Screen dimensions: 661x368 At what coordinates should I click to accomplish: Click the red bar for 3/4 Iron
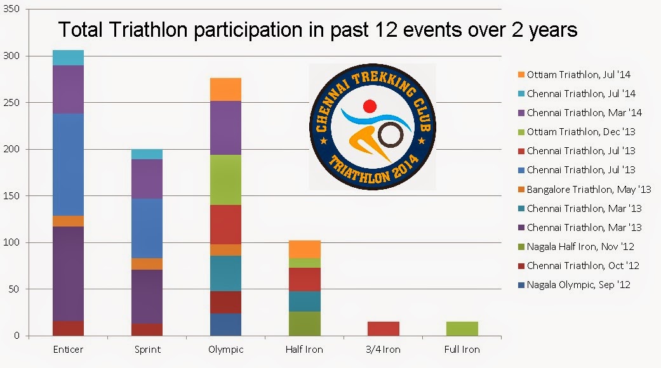383,329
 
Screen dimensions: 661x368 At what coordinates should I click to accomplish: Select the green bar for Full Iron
462,329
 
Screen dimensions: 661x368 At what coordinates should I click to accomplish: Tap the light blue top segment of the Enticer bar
69,58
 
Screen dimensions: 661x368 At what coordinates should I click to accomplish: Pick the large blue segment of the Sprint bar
147,228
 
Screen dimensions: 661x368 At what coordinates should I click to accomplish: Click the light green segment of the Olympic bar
225,180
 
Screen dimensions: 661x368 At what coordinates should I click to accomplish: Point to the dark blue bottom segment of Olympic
225,325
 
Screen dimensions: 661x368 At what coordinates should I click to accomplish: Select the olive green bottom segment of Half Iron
305,324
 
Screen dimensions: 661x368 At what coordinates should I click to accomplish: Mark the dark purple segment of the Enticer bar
69,273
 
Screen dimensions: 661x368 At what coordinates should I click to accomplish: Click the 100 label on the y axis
11,242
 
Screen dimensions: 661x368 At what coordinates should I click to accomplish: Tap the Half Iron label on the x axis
304,350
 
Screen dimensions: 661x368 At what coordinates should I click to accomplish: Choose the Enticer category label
69,350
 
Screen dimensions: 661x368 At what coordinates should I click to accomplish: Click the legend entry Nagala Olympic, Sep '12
578,285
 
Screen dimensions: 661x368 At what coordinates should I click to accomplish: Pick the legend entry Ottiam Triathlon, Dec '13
581,132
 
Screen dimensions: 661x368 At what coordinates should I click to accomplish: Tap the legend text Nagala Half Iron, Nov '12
580,247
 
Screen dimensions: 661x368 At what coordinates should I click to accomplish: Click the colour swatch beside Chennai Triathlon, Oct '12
521,266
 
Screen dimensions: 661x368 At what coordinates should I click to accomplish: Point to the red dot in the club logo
370,106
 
